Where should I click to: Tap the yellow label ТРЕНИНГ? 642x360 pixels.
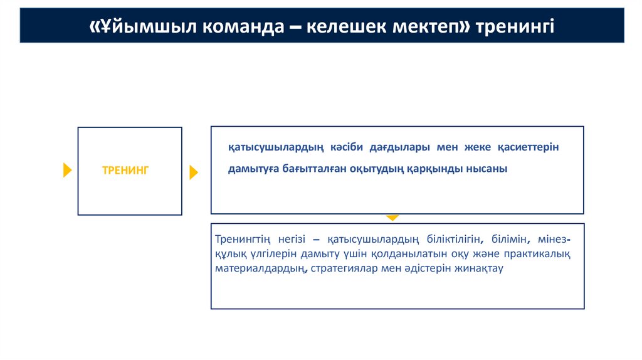(x=125, y=170)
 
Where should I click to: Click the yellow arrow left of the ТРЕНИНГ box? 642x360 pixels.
(x=68, y=170)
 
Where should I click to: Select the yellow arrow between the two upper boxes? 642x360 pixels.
(x=193, y=172)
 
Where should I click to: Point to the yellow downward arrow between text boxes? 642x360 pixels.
(x=392, y=217)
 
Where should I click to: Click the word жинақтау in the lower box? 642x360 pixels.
(x=481, y=269)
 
